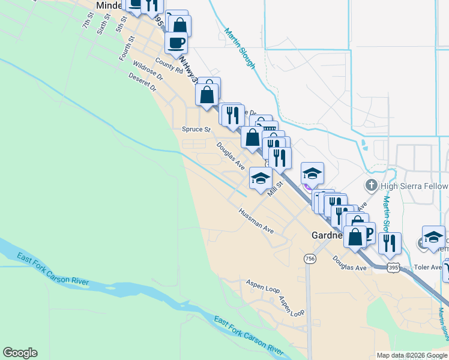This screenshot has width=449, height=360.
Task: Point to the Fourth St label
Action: (125, 48)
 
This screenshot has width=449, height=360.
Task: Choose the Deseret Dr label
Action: (142, 82)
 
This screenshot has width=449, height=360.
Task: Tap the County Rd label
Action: (168, 65)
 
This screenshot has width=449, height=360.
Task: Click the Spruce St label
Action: (197, 129)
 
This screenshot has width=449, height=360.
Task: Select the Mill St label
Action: (275, 191)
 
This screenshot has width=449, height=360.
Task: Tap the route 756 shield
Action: (310, 259)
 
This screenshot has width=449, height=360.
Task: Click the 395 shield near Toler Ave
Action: (393, 266)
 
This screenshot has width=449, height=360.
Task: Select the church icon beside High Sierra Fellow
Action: (372, 186)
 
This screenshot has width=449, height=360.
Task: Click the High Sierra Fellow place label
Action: (414, 186)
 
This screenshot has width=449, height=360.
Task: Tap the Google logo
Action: (20, 353)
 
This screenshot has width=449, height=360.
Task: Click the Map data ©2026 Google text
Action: (412, 355)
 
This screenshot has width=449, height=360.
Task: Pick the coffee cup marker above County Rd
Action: (176, 43)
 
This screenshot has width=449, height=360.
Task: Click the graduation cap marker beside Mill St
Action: (261, 179)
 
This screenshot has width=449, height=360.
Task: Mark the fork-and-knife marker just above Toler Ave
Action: (390, 243)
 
